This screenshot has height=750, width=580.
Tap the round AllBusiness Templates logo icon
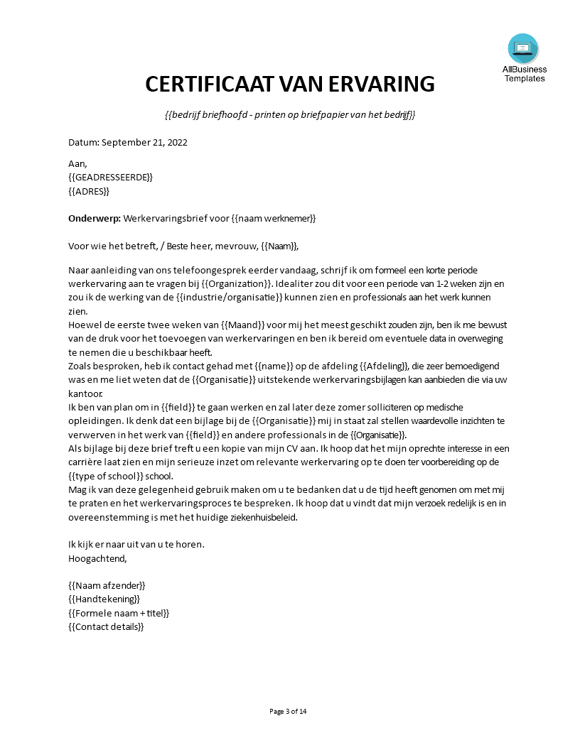(x=523, y=48)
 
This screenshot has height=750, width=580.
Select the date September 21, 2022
(x=144, y=142)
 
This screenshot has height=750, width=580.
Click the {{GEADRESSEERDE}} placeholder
(x=110, y=177)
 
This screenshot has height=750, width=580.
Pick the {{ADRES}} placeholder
(x=89, y=191)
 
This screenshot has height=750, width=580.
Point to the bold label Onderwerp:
(x=95, y=219)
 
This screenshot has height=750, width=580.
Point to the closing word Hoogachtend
(x=97, y=559)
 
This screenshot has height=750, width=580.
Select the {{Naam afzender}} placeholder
(x=107, y=586)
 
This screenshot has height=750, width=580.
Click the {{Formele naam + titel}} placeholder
(x=119, y=613)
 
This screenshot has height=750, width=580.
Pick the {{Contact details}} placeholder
(x=106, y=627)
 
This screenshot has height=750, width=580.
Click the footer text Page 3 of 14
(x=289, y=712)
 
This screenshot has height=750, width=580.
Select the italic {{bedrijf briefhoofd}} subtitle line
(x=289, y=115)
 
